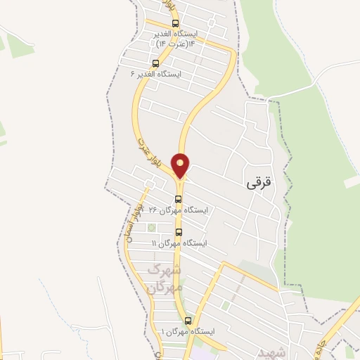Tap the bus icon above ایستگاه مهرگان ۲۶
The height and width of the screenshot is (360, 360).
179,199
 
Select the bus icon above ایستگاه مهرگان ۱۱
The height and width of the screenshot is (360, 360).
179,232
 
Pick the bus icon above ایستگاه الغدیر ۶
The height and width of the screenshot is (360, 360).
155,63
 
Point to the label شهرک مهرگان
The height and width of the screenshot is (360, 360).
167,279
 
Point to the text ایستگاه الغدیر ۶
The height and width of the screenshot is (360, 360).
156,74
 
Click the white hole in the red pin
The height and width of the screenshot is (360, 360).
181,162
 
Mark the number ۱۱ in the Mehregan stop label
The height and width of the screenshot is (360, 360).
155,243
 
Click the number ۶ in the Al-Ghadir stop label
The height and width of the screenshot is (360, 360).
133,74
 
